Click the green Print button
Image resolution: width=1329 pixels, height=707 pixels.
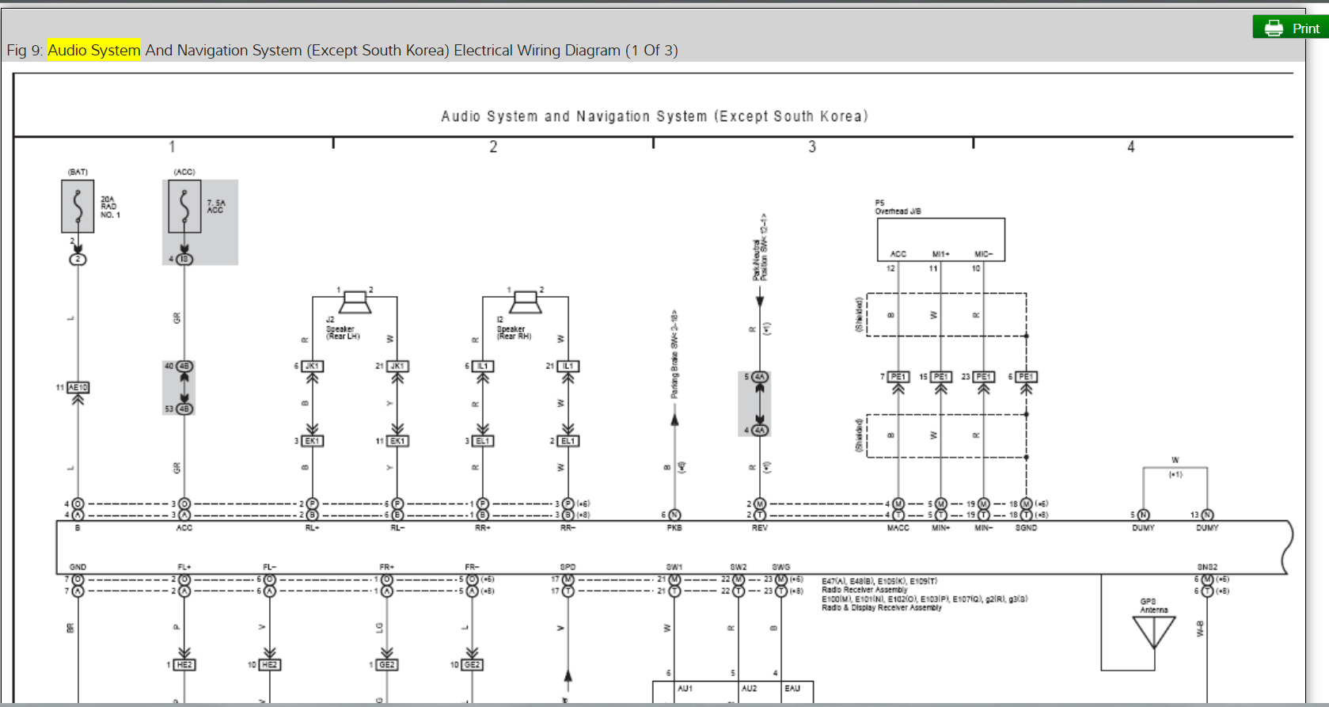(x=1290, y=28)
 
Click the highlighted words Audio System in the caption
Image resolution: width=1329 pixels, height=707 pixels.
(x=93, y=50)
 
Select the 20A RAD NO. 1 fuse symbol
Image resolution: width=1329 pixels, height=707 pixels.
(x=78, y=206)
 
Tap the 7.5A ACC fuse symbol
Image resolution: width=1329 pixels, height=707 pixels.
(x=184, y=206)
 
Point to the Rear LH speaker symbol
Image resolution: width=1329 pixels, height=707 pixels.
(x=355, y=302)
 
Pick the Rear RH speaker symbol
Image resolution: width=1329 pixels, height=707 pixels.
(x=525, y=302)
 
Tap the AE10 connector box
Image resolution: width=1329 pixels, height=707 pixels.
(x=78, y=387)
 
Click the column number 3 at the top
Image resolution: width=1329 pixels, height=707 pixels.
(x=812, y=146)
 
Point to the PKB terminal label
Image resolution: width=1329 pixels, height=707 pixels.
(x=674, y=527)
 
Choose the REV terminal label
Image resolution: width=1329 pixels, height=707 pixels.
(x=760, y=527)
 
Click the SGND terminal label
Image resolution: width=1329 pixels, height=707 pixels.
(x=1026, y=527)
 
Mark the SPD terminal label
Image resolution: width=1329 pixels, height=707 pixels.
(x=568, y=567)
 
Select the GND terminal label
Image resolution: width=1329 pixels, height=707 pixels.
(x=78, y=567)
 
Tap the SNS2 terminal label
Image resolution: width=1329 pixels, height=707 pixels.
(x=1207, y=567)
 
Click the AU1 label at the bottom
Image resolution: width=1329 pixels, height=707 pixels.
(x=685, y=689)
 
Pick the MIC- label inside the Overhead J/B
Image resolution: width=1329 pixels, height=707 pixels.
(x=983, y=254)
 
